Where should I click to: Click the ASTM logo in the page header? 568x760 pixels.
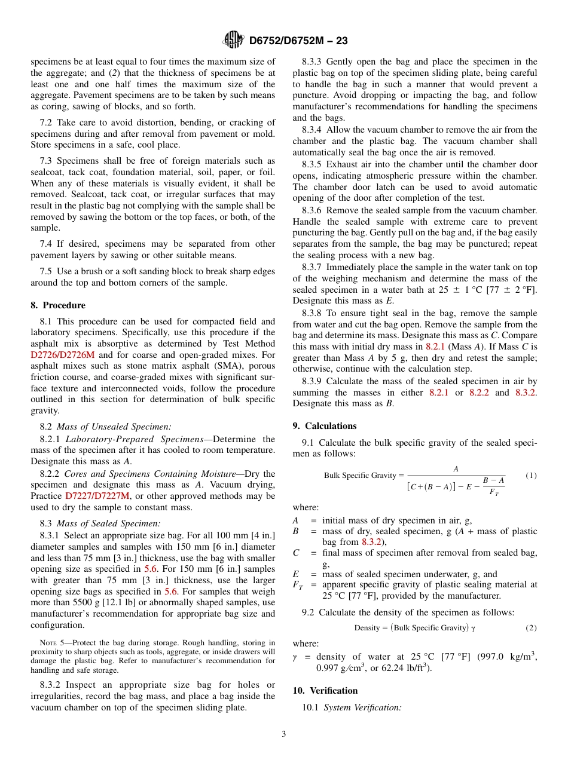click(233, 40)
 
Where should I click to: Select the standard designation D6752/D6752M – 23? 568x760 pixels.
click(298, 41)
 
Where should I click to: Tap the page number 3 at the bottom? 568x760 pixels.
click(284, 734)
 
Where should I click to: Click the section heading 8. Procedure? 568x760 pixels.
click(58, 305)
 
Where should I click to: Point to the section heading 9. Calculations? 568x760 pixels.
click(325, 426)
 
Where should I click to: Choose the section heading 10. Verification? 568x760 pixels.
click(325, 691)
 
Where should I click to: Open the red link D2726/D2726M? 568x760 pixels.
click(63, 354)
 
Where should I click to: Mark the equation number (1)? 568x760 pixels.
click(531, 476)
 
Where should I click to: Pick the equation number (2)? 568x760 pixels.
click(531, 628)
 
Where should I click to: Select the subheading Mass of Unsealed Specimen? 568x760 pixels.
click(114, 427)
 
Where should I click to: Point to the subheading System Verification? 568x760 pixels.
click(362, 708)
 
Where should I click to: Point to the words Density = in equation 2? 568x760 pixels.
click(371, 628)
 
